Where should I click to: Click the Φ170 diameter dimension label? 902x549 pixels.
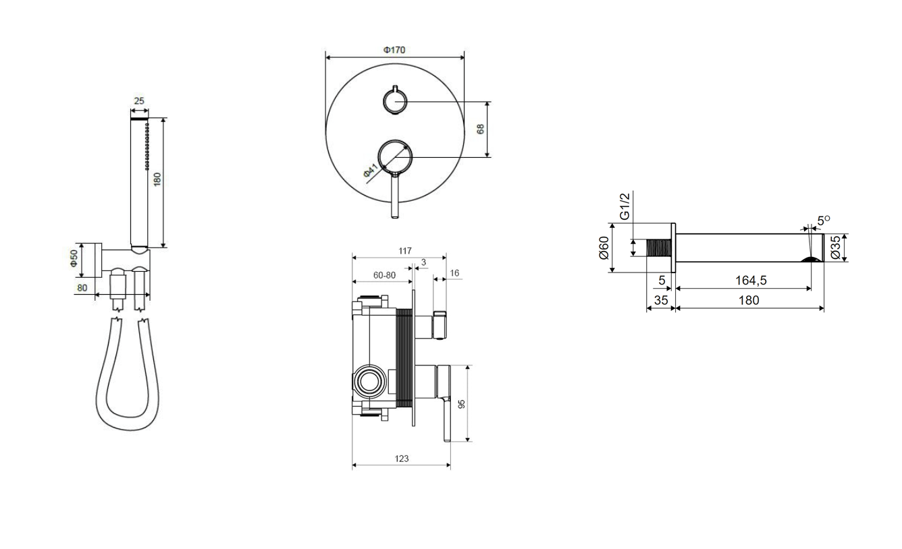pyautogui.click(x=394, y=50)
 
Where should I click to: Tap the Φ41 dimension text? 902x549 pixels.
pyautogui.click(x=371, y=170)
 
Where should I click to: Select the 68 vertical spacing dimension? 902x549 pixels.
pyautogui.click(x=480, y=129)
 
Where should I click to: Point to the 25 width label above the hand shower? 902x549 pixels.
pyautogui.click(x=139, y=100)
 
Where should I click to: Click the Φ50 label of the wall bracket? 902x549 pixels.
pyautogui.click(x=74, y=258)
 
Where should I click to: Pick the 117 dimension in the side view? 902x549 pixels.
pyautogui.click(x=404, y=251)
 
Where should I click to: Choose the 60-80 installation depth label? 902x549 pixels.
pyautogui.click(x=384, y=275)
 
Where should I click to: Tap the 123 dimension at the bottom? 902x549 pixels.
pyautogui.click(x=402, y=459)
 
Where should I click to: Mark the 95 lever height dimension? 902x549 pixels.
pyautogui.click(x=462, y=404)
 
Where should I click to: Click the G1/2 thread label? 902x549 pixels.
pyautogui.click(x=624, y=206)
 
